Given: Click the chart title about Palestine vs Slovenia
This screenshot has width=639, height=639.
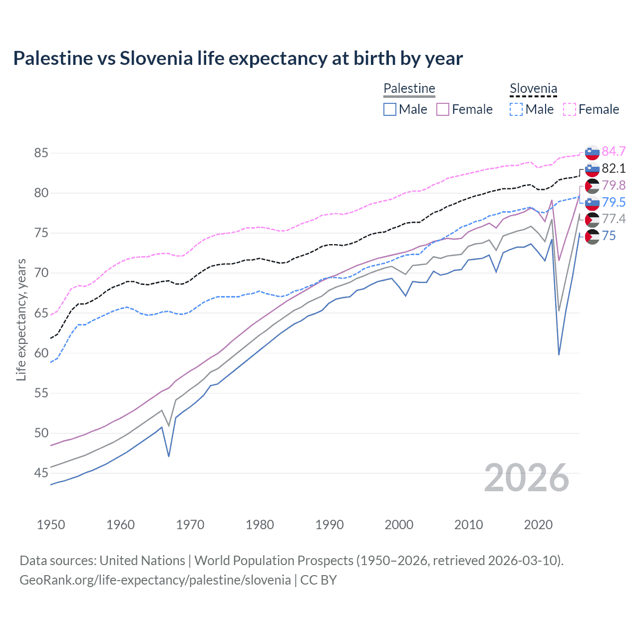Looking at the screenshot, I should [238, 58].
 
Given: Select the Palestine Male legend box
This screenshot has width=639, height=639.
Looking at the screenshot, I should [390, 109].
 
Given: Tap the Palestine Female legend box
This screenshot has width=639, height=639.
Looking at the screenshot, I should [443, 109].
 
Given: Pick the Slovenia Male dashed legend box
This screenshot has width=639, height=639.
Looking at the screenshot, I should [516, 109].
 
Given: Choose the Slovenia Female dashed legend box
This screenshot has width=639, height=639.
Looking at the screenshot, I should [570, 109].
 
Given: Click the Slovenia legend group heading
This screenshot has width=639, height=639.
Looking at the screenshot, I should [533, 89].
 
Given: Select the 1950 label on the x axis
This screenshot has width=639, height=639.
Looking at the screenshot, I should [51, 525].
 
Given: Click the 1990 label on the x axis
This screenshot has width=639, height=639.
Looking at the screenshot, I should [329, 525].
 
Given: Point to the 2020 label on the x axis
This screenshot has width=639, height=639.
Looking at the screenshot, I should [538, 525].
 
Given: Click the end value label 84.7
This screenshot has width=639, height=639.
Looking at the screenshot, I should [614, 151].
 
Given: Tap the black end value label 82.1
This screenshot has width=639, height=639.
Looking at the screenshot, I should [614, 168].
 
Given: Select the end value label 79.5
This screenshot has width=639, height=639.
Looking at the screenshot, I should [614, 202].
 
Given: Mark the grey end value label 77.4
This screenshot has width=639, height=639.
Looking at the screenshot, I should [614, 219].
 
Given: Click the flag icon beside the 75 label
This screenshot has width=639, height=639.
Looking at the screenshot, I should [592, 236].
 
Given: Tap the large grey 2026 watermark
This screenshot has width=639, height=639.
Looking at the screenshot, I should [527, 478].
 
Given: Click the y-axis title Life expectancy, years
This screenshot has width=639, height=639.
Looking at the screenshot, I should [21, 319].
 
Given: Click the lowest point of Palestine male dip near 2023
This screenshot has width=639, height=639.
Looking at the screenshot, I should [559, 354].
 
